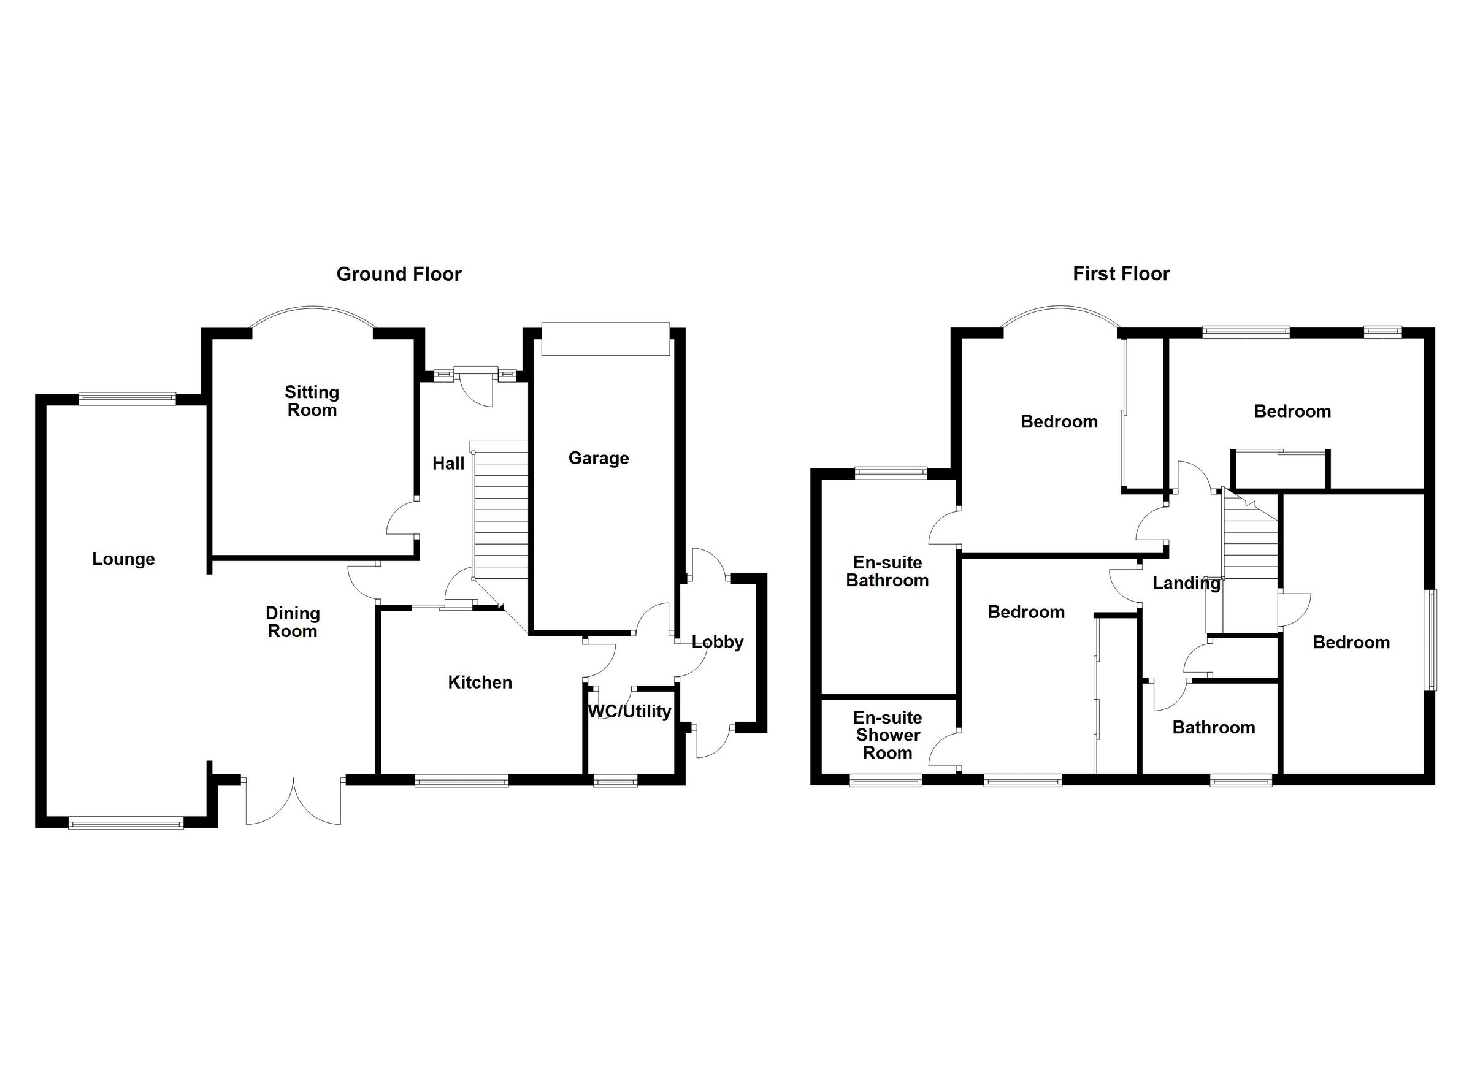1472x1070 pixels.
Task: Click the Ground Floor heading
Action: coord(399,275)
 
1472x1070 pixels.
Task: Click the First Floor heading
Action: coord(1121,274)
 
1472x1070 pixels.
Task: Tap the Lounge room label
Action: coord(123,559)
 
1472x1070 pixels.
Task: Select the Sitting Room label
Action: coord(312,401)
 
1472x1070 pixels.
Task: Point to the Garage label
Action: coord(599,459)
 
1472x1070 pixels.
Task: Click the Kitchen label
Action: coord(480,682)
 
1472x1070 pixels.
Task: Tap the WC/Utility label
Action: coord(629,712)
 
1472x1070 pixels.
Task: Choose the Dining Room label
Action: coord(293,622)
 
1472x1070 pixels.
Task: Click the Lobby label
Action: coord(717,643)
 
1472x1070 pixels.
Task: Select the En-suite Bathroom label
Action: coord(887,571)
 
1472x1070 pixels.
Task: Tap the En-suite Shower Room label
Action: coord(887,735)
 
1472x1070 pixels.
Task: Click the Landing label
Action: coord(1186,583)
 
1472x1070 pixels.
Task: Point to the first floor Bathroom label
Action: coord(1213,727)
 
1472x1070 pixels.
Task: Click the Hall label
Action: coord(448,464)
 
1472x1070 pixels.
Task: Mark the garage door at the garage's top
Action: coord(605,338)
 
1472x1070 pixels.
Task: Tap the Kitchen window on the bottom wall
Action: coord(461,781)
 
